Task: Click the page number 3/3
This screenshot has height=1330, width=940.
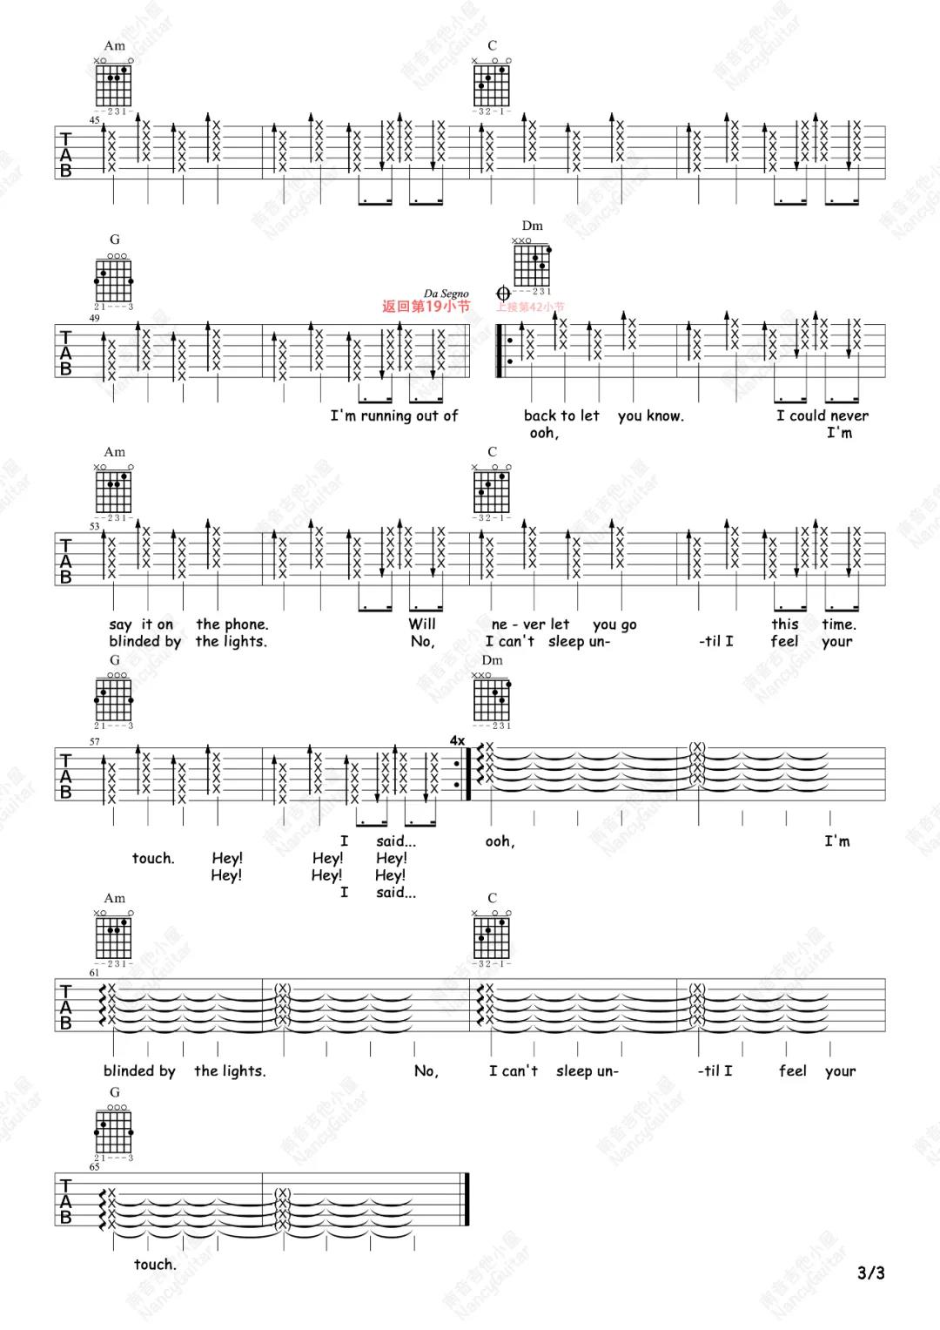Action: coord(870,1273)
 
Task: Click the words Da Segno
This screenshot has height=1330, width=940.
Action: coord(446,294)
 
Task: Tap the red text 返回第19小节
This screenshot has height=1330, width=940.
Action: coord(426,307)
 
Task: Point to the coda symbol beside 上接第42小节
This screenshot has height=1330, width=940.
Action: coord(503,294)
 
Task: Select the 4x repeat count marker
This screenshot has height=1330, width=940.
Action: coord(457,740)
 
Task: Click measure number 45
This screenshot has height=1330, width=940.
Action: coord(94,120)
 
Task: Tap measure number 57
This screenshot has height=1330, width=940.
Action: coord(94,741)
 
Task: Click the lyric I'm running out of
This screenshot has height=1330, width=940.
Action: coord(393,415)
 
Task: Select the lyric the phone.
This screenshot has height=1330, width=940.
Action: coord(232,624)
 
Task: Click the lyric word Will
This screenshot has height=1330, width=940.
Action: coord(422,624)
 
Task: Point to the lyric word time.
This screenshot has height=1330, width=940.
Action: coord(839,624)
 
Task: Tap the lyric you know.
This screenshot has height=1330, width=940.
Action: coord(650,415)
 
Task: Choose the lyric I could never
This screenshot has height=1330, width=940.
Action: coord(822,415)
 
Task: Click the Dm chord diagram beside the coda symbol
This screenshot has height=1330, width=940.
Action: coord(532,261)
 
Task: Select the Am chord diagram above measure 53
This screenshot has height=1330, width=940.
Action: coord(114,488)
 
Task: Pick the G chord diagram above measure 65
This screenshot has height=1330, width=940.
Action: coord(114,1128)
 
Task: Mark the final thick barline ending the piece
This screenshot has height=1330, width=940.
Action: coord(467,1200)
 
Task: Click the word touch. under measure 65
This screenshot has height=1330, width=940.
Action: coord(155,1264)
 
